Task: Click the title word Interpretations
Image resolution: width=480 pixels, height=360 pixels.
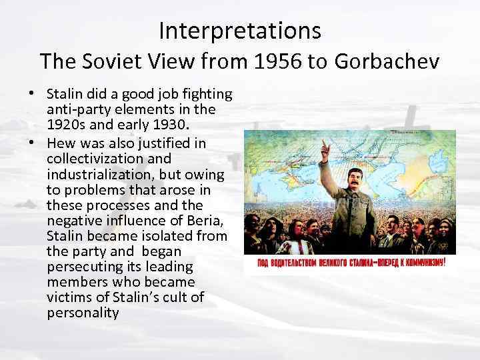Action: [240, 30]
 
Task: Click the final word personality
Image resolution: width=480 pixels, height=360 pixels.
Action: [83, 311]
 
